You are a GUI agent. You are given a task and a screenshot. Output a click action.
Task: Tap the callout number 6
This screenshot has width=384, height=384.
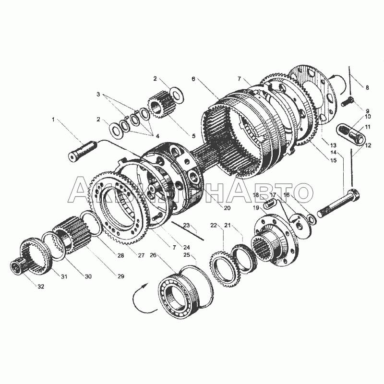(193, 78)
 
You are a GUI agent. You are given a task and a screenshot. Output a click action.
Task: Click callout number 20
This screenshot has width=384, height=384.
(227, 208)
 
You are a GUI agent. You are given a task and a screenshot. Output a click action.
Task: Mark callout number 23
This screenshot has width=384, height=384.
(186, 225)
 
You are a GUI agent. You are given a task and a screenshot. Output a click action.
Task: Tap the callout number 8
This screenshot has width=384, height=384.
(367, 87)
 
